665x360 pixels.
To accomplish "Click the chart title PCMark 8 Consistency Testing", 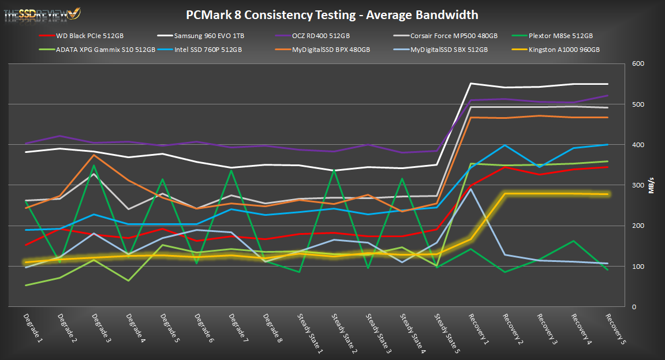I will [x=332, y=15].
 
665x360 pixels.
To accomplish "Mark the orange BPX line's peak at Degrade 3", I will [x=95, y=155].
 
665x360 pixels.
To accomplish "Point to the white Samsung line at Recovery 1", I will [x=470, y=84].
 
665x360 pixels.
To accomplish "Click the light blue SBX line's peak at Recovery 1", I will [x=471, y=189].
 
